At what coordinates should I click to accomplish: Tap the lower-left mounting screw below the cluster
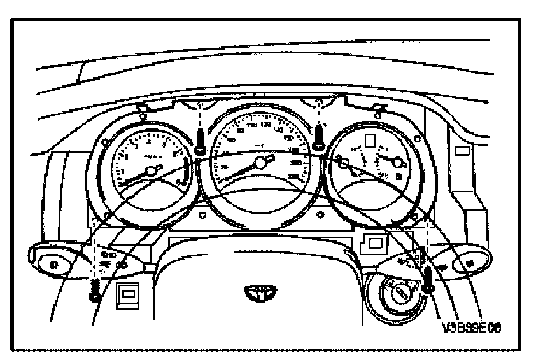tap(96, 290)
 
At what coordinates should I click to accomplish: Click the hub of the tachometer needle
tap(152, 170)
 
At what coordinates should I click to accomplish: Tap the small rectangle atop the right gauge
tap(369, 141)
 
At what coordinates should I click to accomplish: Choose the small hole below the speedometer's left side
tap(202, 216)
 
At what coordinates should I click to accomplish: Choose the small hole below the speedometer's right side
tap(320, 216)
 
